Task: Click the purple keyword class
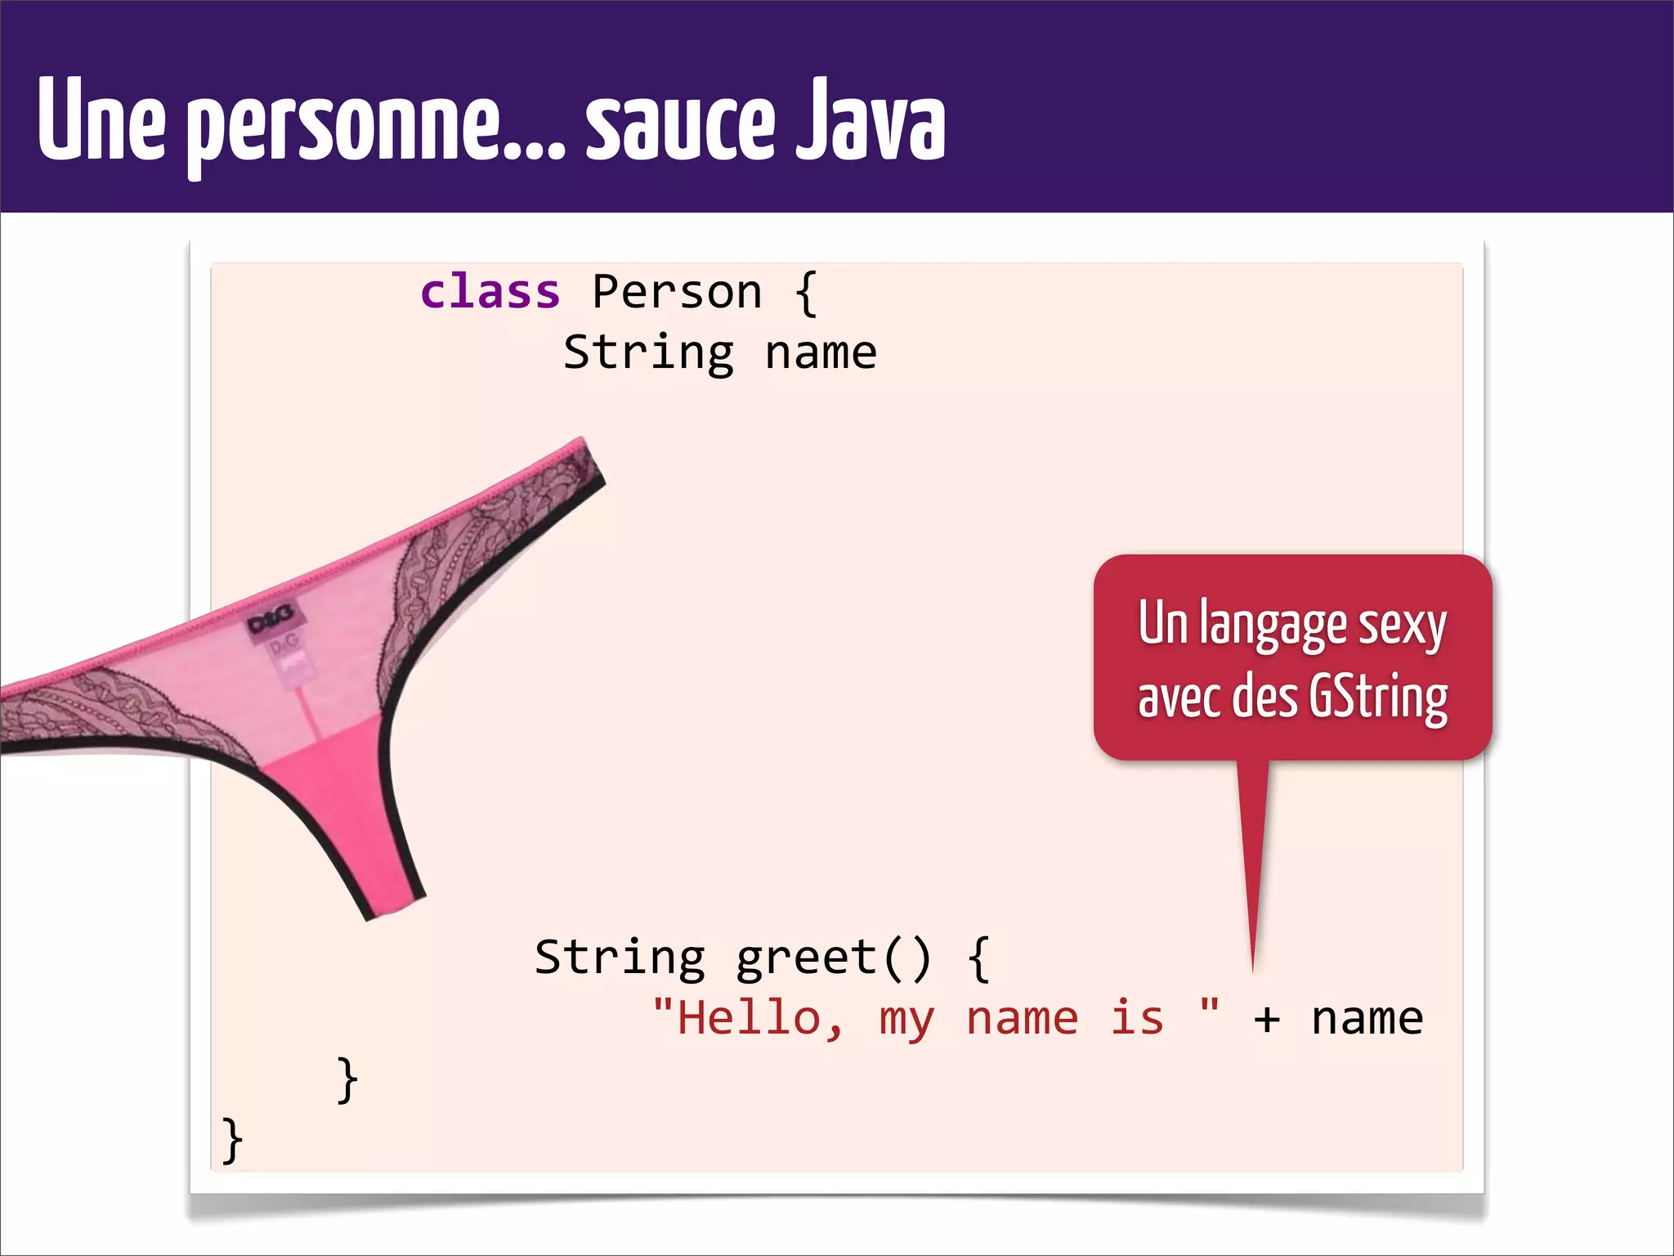coord(490,292)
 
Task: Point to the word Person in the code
coord(677,292)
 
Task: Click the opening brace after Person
coord(806,294)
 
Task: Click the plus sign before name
coord(1266,1020)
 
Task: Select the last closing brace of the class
coord(232,1140)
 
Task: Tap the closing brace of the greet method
coord(347,1080)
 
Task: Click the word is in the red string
coord(1136,1019)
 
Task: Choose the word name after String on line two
coord(821,353)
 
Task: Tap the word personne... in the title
coord(376,128)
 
